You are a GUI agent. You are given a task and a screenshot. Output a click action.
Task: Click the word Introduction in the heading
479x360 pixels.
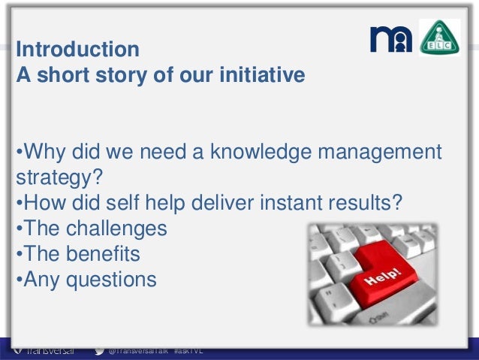77,50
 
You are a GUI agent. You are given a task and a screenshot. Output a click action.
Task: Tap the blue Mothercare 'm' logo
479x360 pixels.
391,38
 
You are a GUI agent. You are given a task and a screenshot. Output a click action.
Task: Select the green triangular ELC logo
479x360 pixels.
439,38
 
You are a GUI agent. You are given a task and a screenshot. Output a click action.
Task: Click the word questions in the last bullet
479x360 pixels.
112,280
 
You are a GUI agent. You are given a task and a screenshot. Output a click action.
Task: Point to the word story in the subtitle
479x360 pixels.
119,75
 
